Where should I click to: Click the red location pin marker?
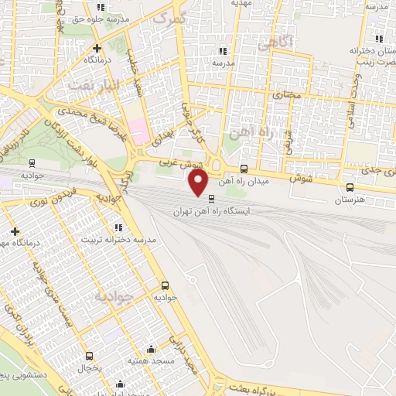tap(199, 183)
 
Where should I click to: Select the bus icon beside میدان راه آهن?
tap(244, 169)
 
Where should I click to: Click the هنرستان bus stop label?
tap(350, 200)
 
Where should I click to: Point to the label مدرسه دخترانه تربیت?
tap(119, 240)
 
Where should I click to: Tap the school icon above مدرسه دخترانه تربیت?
tap(118, 227)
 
